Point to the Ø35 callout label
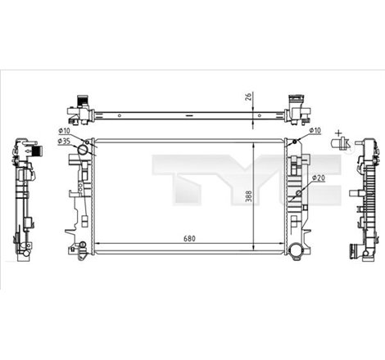coord(65,142)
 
